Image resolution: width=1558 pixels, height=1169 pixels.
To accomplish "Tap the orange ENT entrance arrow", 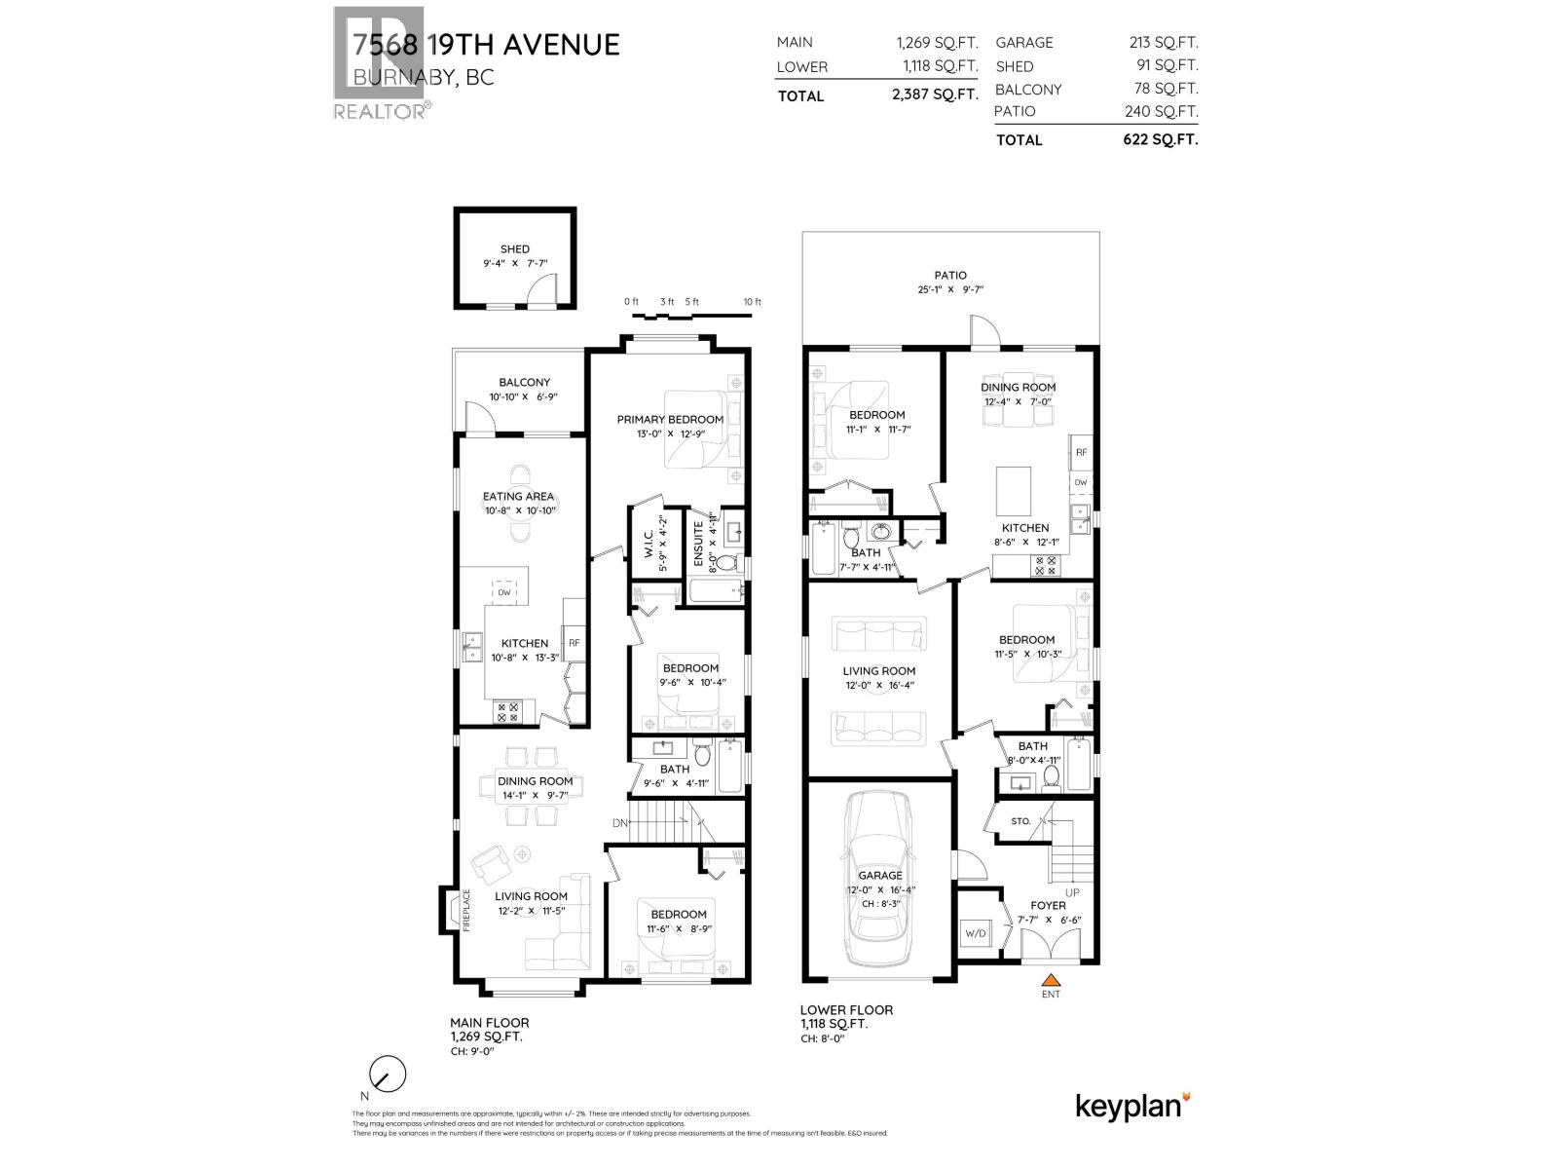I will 1050,980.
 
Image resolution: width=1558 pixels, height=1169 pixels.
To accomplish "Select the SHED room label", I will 515,249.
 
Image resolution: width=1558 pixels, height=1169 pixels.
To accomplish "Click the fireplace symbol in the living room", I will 455,910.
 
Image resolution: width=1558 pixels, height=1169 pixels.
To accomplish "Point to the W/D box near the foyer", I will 975,934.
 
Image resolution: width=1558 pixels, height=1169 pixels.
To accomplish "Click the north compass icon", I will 387,1075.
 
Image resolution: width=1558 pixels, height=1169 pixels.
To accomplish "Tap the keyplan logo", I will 1132,1106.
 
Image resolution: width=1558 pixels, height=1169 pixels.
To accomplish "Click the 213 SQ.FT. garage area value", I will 1161,42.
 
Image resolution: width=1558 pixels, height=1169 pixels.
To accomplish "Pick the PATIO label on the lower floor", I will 950,276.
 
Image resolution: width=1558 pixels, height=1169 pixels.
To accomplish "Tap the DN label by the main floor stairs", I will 620,823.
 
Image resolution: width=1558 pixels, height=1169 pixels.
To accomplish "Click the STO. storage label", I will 1020,821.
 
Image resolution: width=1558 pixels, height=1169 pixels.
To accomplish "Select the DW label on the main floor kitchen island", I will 504,592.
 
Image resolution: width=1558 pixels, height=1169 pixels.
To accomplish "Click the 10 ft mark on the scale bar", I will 752,302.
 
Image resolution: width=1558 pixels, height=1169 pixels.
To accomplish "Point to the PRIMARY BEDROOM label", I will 670,420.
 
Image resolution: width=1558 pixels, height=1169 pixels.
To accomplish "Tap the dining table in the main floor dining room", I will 535,780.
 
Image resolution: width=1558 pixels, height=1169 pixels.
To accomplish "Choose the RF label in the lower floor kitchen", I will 1080,452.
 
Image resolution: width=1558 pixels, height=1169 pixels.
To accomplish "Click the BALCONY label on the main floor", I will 525,383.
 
